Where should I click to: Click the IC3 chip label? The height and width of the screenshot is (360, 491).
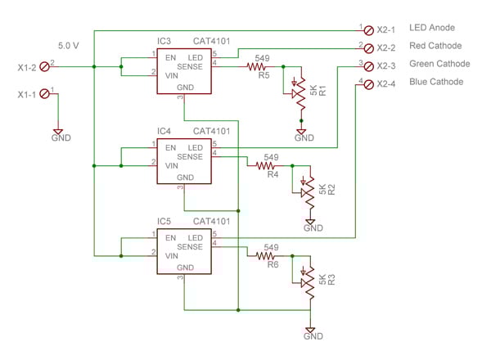pos(164,39)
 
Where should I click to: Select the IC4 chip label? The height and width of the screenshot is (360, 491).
pos(164,131)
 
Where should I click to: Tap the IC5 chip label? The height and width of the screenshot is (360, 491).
pos(164,221)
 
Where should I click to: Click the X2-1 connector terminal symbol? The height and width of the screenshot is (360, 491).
pos(369,29)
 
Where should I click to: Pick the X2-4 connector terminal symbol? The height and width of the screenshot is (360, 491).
pos(369,83)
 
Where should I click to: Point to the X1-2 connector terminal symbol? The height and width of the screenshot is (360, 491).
pos(44,65)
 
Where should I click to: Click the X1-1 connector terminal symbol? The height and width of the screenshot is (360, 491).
pos(44,94)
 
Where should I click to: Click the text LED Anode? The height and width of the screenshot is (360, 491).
pos(432,28)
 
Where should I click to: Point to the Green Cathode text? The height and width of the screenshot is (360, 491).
pos(439,64)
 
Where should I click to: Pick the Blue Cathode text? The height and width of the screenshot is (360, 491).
pos(436,82)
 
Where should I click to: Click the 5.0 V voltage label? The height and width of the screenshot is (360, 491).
pos(69,45)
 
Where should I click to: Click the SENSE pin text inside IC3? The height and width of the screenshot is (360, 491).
pos(189,66)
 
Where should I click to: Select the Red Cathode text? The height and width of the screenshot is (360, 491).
pos(435,46)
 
